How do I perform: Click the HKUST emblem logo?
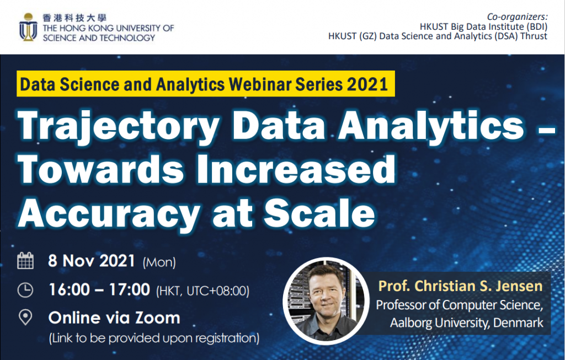point(28,27)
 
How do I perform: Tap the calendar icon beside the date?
point(25,261)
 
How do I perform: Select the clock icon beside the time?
point(25,290)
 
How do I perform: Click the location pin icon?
point(25,318)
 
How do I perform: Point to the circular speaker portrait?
point(326,300)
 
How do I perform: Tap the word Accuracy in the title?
point(109,213)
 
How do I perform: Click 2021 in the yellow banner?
point(367,84)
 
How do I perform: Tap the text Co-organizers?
point(517,17)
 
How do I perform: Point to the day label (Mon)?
point(159,262)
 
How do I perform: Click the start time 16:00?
point(69,290)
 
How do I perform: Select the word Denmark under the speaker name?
point(518,322)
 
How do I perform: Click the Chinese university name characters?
point(74,18)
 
